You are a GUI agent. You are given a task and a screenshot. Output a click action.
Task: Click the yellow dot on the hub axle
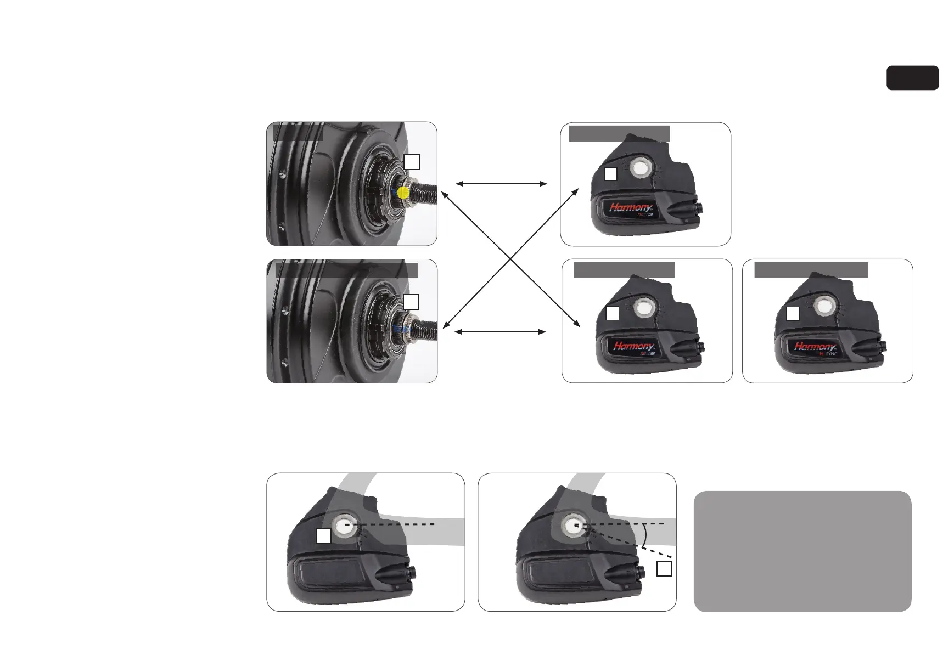tap(403, 193)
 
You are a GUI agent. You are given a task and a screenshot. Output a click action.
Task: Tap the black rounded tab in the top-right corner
tap(912, 78)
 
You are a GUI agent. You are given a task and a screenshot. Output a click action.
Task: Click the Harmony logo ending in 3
tap(631, 209)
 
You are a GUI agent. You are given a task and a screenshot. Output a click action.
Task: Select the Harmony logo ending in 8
tap(634, 347)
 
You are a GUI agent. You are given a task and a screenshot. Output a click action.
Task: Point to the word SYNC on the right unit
tap(831, 354)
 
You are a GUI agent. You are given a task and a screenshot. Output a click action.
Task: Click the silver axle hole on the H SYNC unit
tap(822, 307)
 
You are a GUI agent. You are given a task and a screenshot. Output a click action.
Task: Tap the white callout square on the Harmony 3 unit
tap(610, 174)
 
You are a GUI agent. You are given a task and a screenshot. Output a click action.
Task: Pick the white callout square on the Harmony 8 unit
tap(613, 314)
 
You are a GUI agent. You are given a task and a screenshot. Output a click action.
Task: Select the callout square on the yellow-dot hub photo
tap(412, 162)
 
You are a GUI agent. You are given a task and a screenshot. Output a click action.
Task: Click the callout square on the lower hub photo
tap(411, 302)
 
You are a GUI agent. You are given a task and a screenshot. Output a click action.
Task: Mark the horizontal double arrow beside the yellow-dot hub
tap(501, 184)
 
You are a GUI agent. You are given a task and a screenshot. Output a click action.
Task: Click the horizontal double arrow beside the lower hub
tap(501, 332)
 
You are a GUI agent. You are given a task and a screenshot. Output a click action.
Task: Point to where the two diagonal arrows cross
tap(510, 258)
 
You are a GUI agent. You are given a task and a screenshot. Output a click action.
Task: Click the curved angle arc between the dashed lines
tap(644, 535)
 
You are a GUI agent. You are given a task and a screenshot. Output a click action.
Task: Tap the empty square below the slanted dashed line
tap(664, 569)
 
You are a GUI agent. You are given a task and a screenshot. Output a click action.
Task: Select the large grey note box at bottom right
tap(802, 551)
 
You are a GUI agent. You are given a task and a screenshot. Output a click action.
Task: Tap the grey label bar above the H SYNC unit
tap(811, 270)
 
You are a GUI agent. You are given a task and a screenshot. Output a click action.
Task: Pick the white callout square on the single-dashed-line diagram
tap(324, 536)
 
